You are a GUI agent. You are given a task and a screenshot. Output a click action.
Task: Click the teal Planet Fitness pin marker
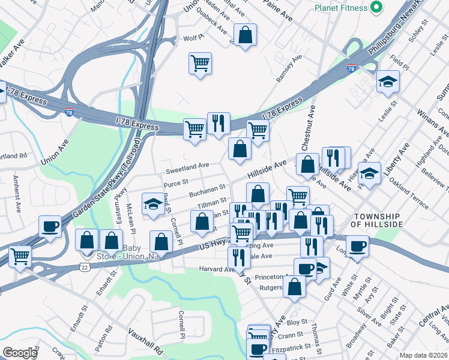(376, 8)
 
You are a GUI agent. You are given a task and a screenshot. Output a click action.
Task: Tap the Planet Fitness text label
(341, 8)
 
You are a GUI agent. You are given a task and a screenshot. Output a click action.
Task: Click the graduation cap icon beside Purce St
(153, 204)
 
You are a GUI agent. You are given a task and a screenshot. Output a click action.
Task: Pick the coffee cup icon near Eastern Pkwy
(50, 227)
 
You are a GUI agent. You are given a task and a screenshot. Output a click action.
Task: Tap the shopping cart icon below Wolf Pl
(200, 62)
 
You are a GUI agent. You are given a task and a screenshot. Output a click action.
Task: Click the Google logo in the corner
(20, 353)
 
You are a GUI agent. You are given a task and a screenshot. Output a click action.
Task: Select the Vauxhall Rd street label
(145, 340)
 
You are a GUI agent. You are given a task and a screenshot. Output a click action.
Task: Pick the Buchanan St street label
(207, 191)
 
